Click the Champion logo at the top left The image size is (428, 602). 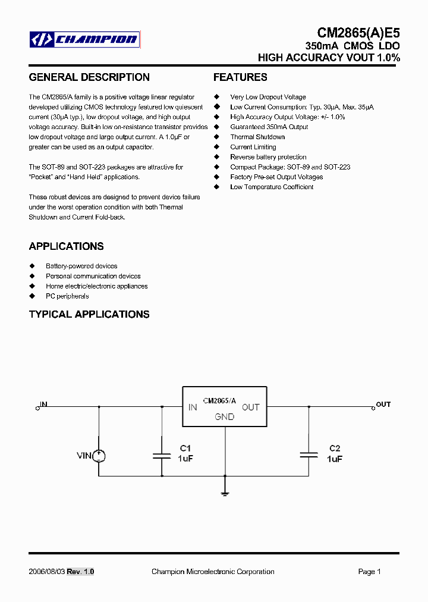(84, 40)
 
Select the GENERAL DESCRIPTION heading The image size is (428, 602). (89, 77)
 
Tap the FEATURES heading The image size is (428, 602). (240, 77)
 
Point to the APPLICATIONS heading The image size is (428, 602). (66, 246)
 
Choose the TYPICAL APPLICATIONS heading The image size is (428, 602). (89, 314)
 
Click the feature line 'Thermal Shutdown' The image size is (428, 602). (257, 137)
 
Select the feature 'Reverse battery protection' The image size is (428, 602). (268, 157)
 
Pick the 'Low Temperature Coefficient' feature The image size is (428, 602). (272, 187)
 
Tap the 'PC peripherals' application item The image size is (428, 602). (67, 296)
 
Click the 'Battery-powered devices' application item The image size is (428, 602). (81, 266)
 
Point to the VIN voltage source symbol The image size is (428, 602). (99, 456)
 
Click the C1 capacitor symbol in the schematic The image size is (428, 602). (162, 456)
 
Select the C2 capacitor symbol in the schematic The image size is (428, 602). (309, 455)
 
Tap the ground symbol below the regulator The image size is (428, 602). (225, 492)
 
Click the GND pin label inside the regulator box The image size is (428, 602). (225, 417)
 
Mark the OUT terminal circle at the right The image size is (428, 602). (373, 407)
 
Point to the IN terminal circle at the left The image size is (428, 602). (37, 407)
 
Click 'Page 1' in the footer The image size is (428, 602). (369, 572)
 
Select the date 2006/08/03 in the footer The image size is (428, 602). (46, 572)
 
